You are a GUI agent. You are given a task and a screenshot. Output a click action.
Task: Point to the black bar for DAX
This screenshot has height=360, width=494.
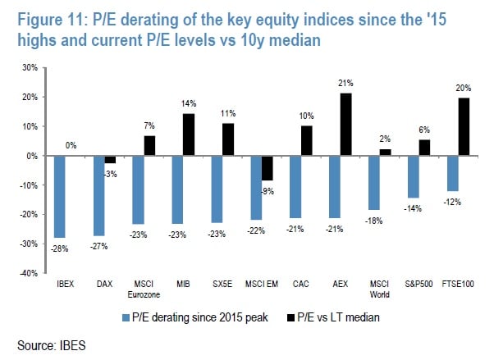click(109, 159)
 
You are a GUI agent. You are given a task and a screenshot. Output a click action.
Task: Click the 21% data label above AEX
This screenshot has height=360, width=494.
click(346, 84)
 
